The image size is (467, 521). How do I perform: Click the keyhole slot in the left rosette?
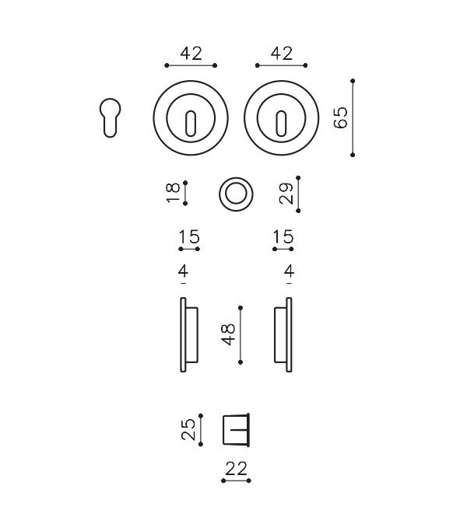point(191,121)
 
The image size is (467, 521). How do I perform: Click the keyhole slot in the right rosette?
point(282,121)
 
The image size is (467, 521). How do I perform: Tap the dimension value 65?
point(340,118)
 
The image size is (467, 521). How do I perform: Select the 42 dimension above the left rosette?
point(191,54)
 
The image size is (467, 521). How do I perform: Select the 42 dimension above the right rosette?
point(282,54)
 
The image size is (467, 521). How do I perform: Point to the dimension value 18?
point(174,192)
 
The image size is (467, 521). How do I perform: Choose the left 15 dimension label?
point(189,237)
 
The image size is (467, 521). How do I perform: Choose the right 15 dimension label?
point(283,237)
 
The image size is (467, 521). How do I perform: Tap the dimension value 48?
point(228,334)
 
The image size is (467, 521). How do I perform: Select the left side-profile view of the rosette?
point(187,334)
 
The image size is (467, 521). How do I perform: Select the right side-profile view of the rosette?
point(284,334)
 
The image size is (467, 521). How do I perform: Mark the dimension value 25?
point(188,430)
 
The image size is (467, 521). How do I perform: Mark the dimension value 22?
point(236,468)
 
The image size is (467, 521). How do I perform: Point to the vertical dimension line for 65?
point(353,118)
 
